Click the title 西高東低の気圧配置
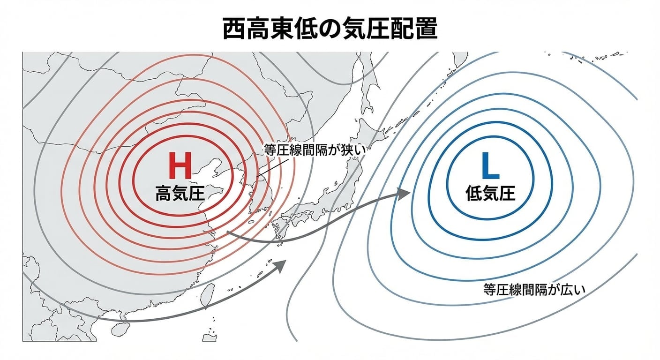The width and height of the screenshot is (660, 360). pyautogui.click(x=330, y=29)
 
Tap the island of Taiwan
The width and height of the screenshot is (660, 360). pyautogui.click(x=205, y=295)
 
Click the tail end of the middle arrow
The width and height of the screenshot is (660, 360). pyautogui.click(x=227, y=232)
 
